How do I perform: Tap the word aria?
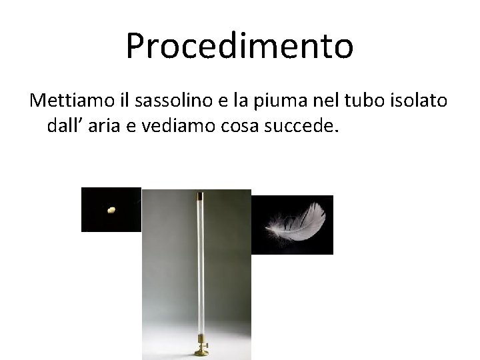[103, 126]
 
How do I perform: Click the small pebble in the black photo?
[111, 210]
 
